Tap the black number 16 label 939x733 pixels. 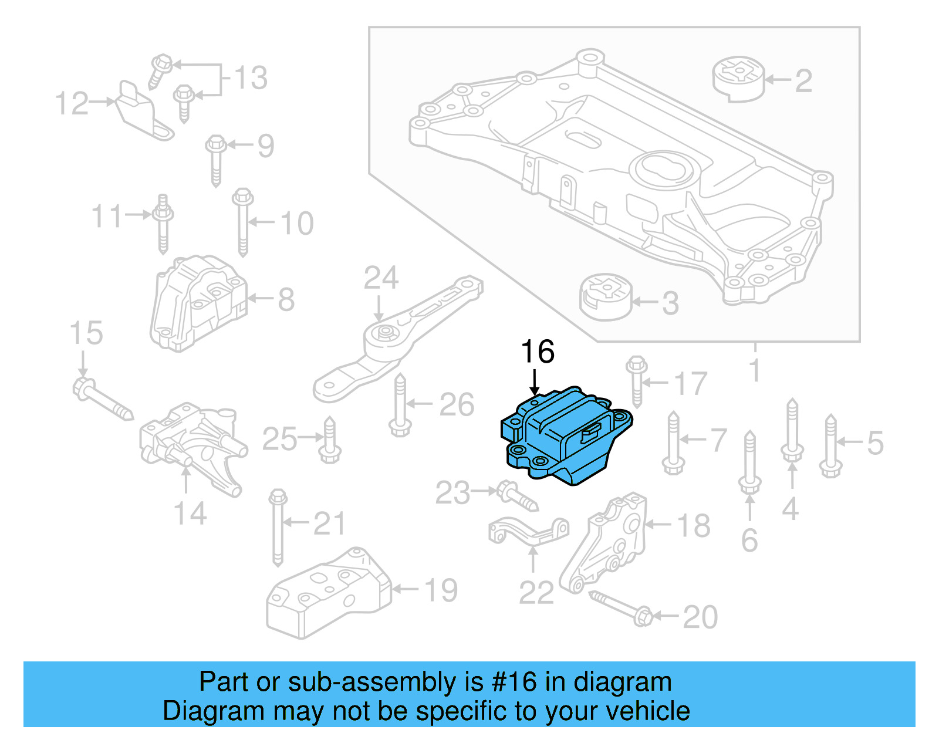click(537, 352)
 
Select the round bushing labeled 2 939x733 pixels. click(739, 79)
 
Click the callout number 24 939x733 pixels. click(381, 278)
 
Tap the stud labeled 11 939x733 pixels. click(163, 223)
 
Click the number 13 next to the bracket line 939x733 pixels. click(251, 78)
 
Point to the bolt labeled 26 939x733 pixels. click(400, 405)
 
